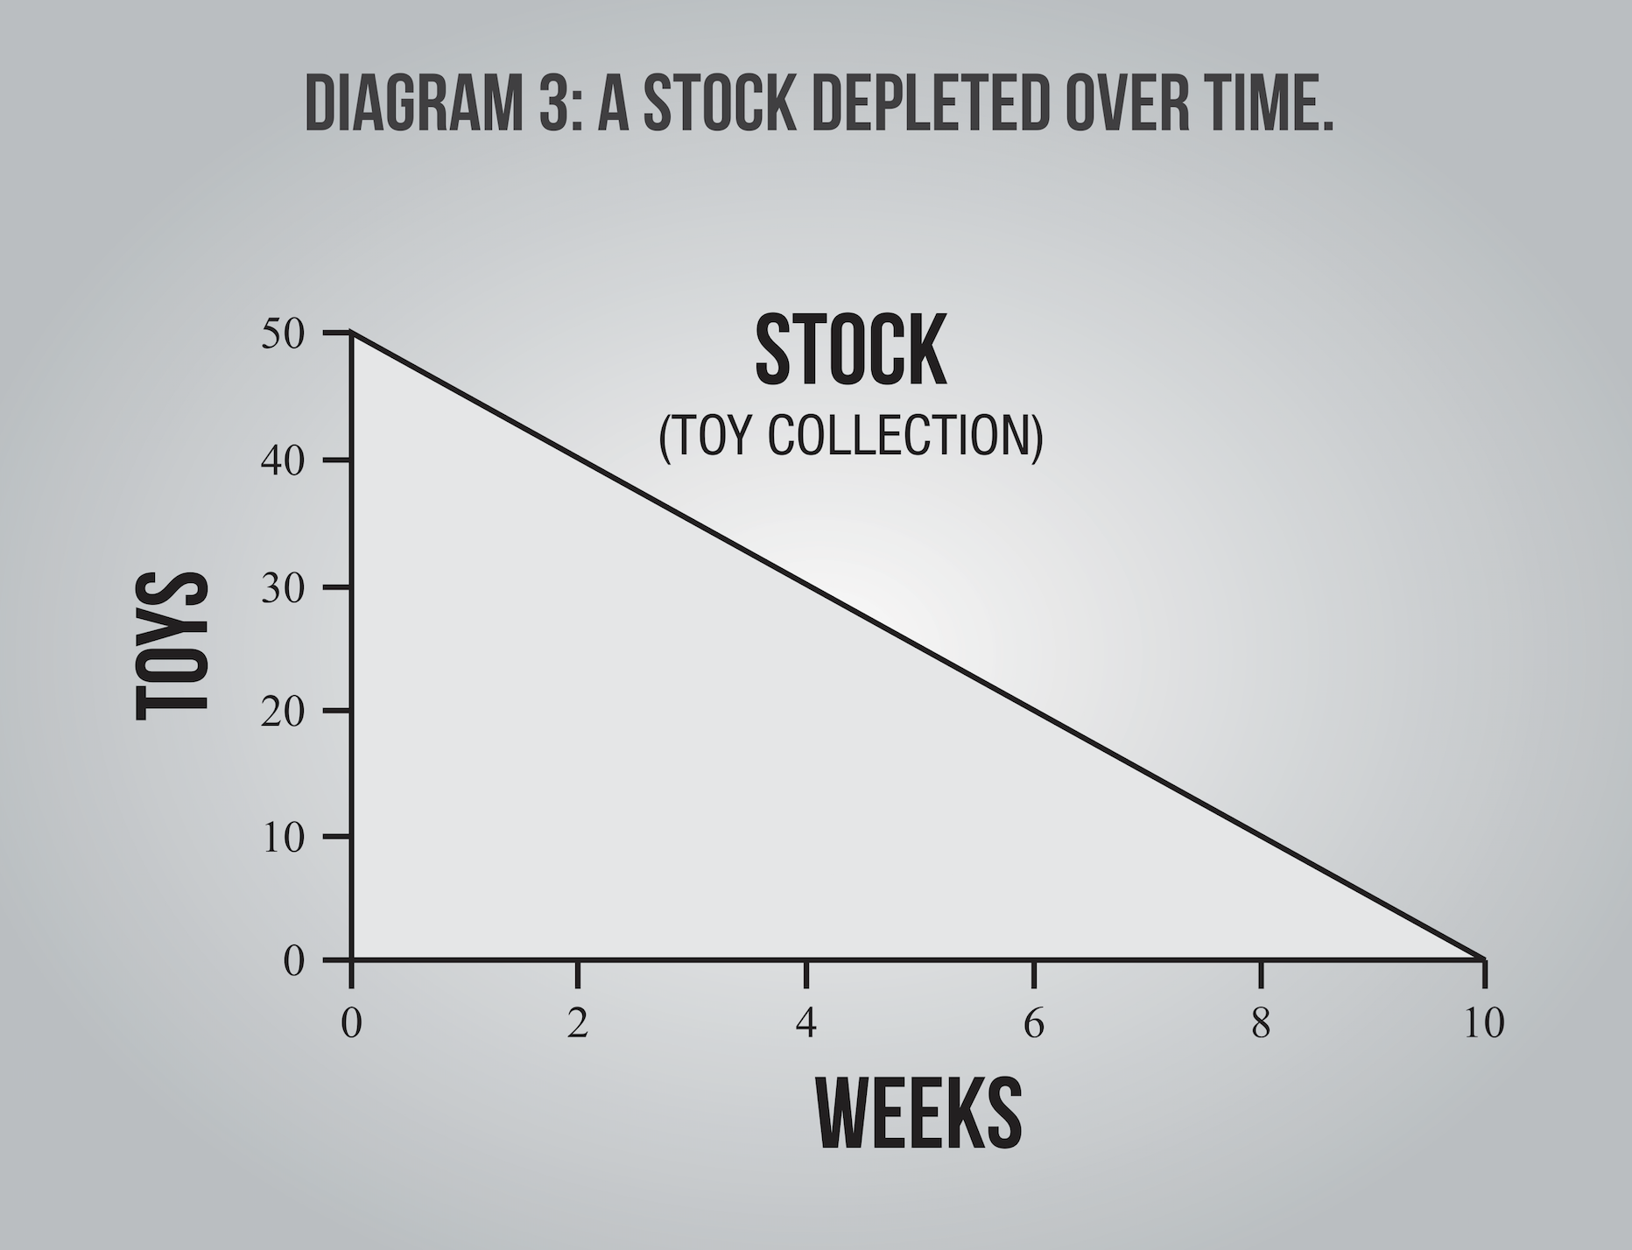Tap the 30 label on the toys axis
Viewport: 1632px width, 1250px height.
pos(282,586)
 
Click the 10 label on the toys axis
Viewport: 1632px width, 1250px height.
pos(282,837)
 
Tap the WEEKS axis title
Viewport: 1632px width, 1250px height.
pos(919,1113)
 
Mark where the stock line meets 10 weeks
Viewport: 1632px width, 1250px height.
pos(1484,959)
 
